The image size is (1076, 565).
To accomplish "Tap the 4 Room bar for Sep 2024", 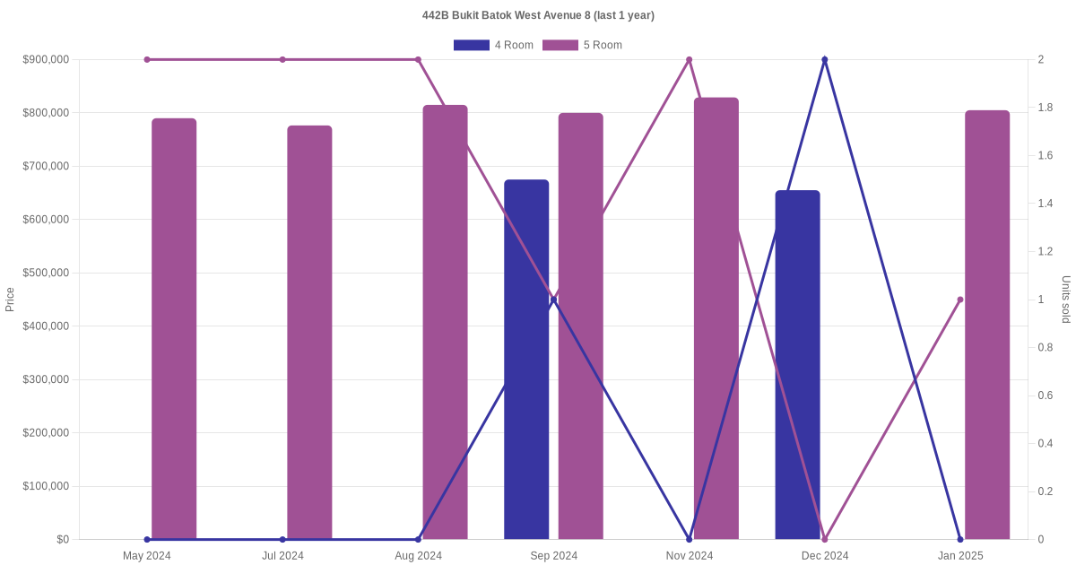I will [x=526, y=359].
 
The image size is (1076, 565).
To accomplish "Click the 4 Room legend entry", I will [x=493, y=45].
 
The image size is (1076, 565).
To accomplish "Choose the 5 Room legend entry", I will [x=583, y=45].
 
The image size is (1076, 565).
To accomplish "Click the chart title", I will [x=538, y=15].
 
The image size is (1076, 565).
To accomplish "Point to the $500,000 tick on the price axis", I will [x=46, y=273].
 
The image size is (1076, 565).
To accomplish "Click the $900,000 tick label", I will [x=46, y=59].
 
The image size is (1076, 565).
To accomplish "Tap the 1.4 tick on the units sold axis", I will [x=1046, y=204].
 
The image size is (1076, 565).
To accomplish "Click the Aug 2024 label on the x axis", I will [x=418, y=556].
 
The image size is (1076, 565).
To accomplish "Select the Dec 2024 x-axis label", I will [x=825, y=556].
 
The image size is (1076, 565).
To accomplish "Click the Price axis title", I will [x=10, y=300].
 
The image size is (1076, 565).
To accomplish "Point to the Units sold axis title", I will [x=1066, y=300].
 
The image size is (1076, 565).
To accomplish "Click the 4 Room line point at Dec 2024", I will [x=825, y=59].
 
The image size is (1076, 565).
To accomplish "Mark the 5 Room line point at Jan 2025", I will [x=960, y=300].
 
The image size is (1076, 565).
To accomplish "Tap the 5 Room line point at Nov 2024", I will [x=690, y=59].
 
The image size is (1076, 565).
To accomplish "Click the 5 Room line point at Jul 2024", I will [x=282, y=59].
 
